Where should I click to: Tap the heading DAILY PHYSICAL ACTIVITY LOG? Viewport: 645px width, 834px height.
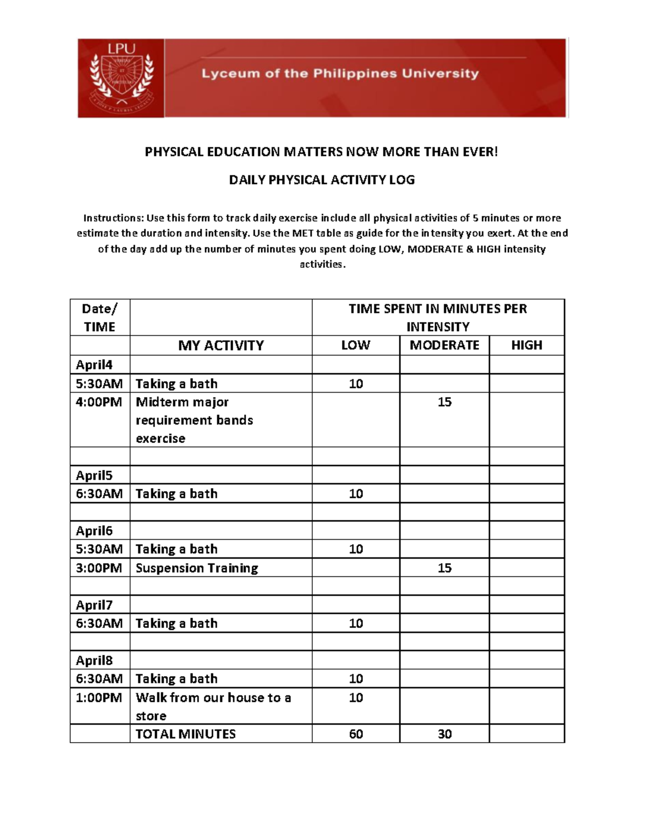point(321,180)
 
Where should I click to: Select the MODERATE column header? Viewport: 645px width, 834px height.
point(444,345)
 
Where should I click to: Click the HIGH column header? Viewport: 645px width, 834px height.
point(526,345)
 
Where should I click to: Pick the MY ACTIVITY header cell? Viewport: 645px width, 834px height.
point(221,345)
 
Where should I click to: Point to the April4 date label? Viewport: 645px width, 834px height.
point(94,365)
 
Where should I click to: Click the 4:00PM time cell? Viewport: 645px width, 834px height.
point(99,402)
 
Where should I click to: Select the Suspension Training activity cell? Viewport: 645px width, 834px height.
point(197,568)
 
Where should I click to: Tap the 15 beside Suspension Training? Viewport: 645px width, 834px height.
point(444,568)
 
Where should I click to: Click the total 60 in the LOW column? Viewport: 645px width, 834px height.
point(356,734)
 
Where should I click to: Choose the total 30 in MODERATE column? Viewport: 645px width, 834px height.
point(444,734)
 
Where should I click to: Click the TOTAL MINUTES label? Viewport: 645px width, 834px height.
point(185,734)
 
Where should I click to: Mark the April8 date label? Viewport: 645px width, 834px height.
point(94,661)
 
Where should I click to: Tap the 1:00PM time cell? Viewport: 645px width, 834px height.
point(99,698)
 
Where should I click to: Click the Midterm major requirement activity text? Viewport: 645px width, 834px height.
point(194,420)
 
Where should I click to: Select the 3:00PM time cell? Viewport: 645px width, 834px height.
point(99,568)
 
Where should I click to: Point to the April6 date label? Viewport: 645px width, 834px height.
point(94,531)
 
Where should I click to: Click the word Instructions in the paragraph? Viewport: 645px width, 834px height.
point(113,218)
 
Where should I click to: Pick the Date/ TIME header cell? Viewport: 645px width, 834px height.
point(99,317)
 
